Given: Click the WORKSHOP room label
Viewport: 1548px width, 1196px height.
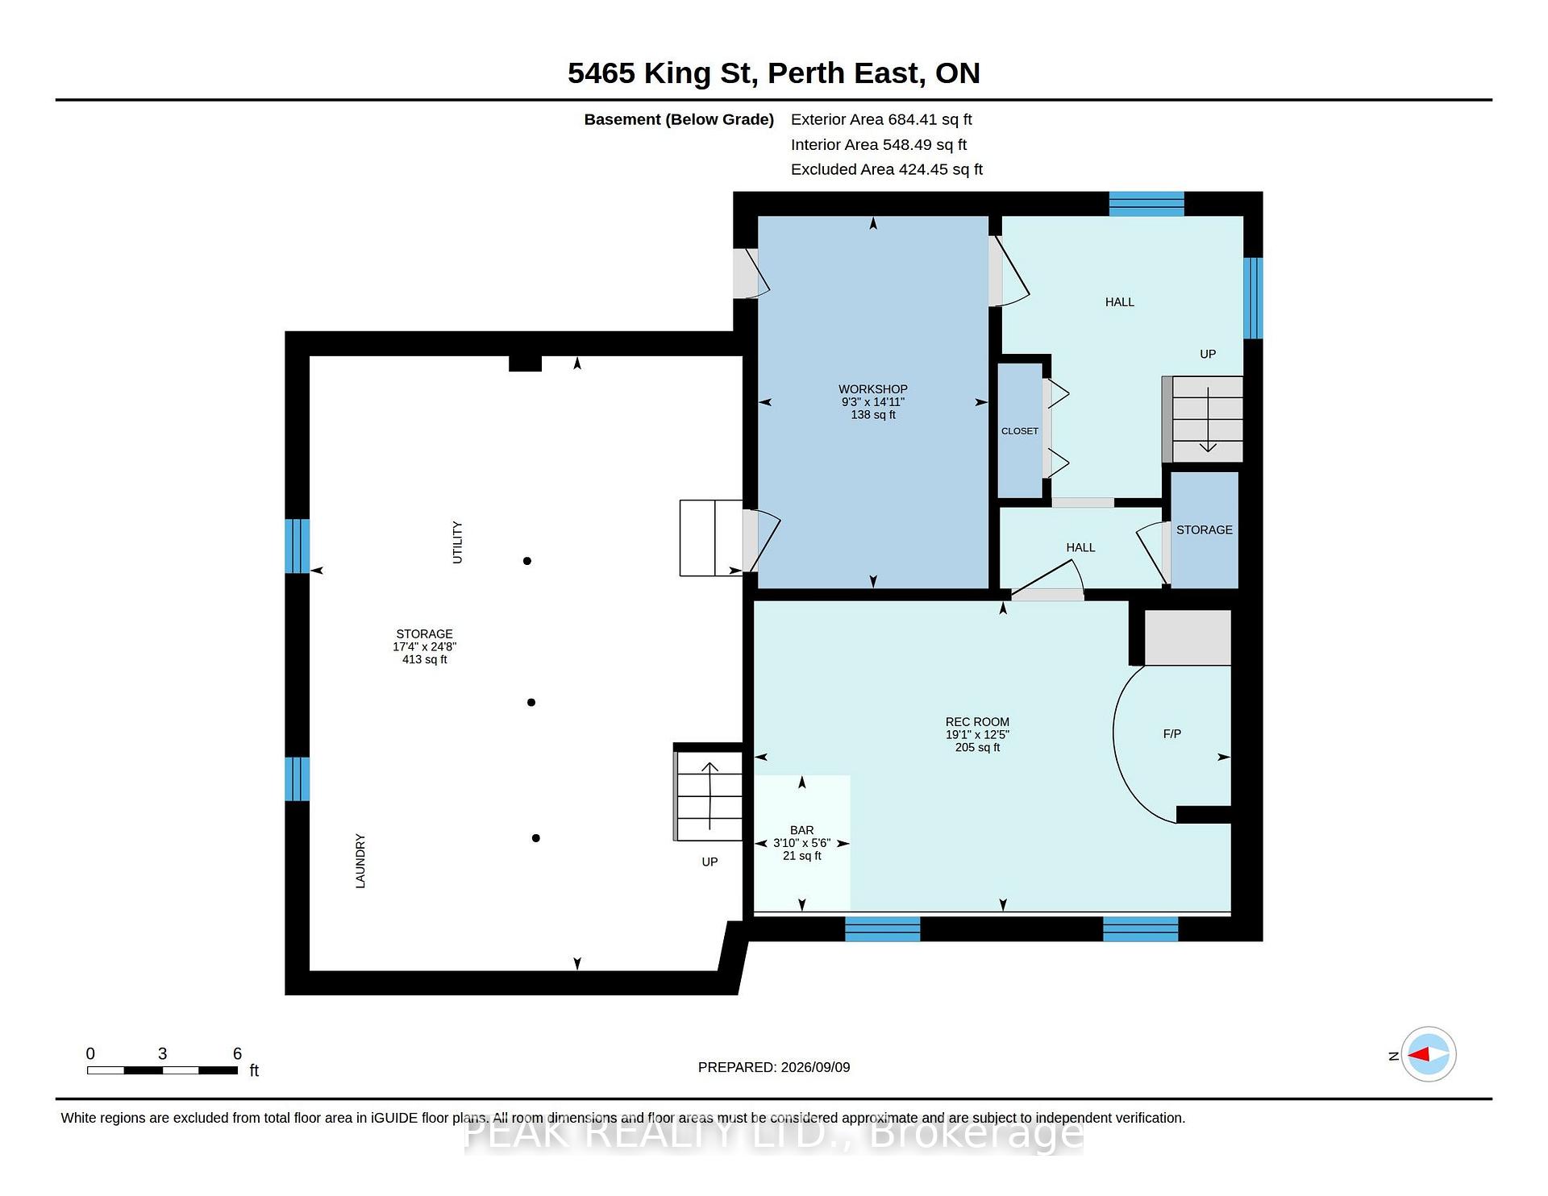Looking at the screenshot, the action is pyautogui.click(x=873, y=389).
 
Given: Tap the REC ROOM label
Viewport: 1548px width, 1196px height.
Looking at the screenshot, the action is pyautogui.click(x=977, y=722).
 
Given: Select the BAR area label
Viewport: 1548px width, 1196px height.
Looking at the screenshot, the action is pyautogui.click(x=802, y=830).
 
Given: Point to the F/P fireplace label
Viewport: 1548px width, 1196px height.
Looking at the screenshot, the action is pyautogui.click(x=1172, y=734).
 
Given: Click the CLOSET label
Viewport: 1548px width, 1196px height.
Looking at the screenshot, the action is pyautogui.click(x=1020, y=431).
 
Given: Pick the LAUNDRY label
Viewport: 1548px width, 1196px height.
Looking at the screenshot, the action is pyautogui.click(x=360, y=862).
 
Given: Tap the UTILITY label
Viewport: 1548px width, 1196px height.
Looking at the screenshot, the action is pyautogui.click(x=457, y=542).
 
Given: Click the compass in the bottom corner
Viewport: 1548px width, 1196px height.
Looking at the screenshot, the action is pyautogui.click(x=1429, y=1054).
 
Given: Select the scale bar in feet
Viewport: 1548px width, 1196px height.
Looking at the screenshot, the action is pyautogui.click(x=162, y=1070).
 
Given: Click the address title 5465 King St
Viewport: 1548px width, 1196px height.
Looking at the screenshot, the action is pyautogui.click(x=661, y=73).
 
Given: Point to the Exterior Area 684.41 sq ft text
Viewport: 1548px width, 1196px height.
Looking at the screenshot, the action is pyautogui.click(x=881, y=119).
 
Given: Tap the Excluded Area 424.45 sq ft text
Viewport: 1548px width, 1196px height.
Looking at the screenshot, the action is pyautogui.click(x=887, y=169).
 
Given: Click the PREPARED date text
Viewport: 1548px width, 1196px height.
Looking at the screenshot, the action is pyautogui.click(x=774, y=1067).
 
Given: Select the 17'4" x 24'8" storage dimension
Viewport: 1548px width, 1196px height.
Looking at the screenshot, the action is pyautogui.click(x=425, y=646).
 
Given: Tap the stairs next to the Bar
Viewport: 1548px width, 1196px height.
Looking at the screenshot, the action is pyautogui.click(x=708, y=796).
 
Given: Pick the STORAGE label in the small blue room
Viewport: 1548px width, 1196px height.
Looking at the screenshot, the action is pyautogui.click(x=1205, y=529).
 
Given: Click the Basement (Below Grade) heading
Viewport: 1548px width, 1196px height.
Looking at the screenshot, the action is pyautogui.click(x=679, y=119).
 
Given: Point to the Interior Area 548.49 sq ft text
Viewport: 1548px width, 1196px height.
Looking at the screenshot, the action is pyautogui.click(x=879, y=144).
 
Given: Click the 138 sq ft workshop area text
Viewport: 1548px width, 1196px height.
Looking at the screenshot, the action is pyautogui.click(x=873, y=415).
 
